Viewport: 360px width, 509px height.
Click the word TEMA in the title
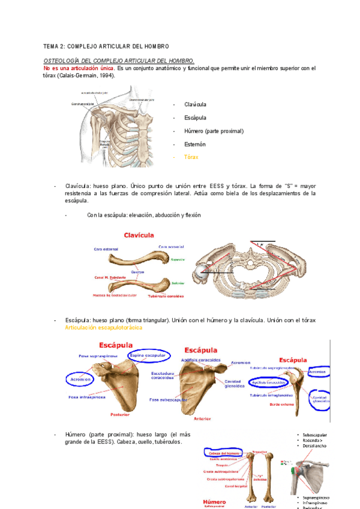coord(50,47)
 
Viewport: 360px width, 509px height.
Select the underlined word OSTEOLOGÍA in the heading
coord(62,61)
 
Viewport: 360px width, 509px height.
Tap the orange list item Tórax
coord(191,157)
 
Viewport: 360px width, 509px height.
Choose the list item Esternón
coord(195,144)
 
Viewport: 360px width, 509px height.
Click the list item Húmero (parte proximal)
coord(214,131)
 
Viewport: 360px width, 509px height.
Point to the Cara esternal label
coord(106,248)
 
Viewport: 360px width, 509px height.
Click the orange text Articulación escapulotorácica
coord(103,328)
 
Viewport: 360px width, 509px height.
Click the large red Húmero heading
coord(214,501)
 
